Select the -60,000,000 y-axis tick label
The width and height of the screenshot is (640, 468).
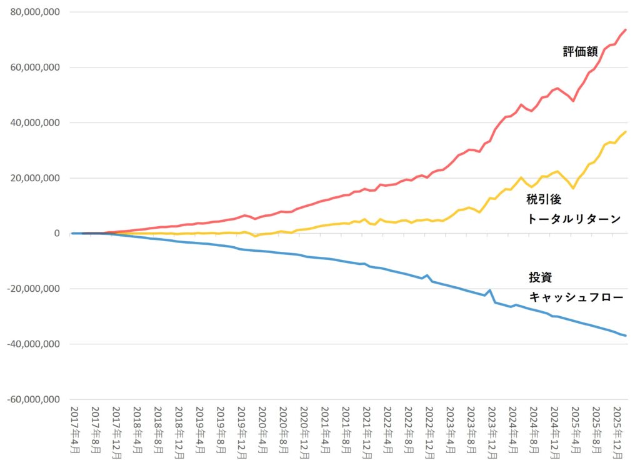(32, 399)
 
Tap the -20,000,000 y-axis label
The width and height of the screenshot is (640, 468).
(32, 289)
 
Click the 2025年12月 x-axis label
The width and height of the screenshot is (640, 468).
(617, 432)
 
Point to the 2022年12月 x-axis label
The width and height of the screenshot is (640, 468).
(429, 432)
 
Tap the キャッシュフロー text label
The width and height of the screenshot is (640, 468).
(576, 297)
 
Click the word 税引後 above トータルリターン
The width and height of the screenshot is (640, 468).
(543, 199)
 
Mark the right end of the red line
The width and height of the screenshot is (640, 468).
(626, 29)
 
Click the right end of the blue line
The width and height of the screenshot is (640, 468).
(626, 336)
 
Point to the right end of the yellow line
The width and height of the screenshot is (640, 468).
(626, 132)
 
